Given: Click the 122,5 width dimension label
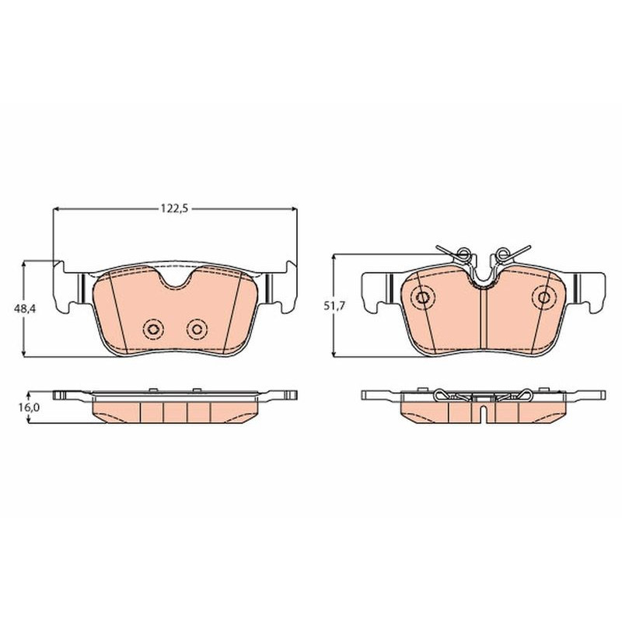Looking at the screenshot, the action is pos(173,208).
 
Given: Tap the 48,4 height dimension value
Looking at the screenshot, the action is pos(25,308).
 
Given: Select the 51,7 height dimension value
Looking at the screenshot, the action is pos(335,306).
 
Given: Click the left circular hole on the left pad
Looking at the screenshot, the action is pos(153,329).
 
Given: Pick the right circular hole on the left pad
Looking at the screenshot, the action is pos(197,329).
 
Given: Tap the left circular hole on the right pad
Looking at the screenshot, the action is pos(423,297).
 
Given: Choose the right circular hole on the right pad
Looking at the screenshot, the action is pos(543,297).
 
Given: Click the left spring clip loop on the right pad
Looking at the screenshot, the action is pos(463,252).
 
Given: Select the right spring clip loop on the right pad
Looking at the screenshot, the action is pos(503,252).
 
